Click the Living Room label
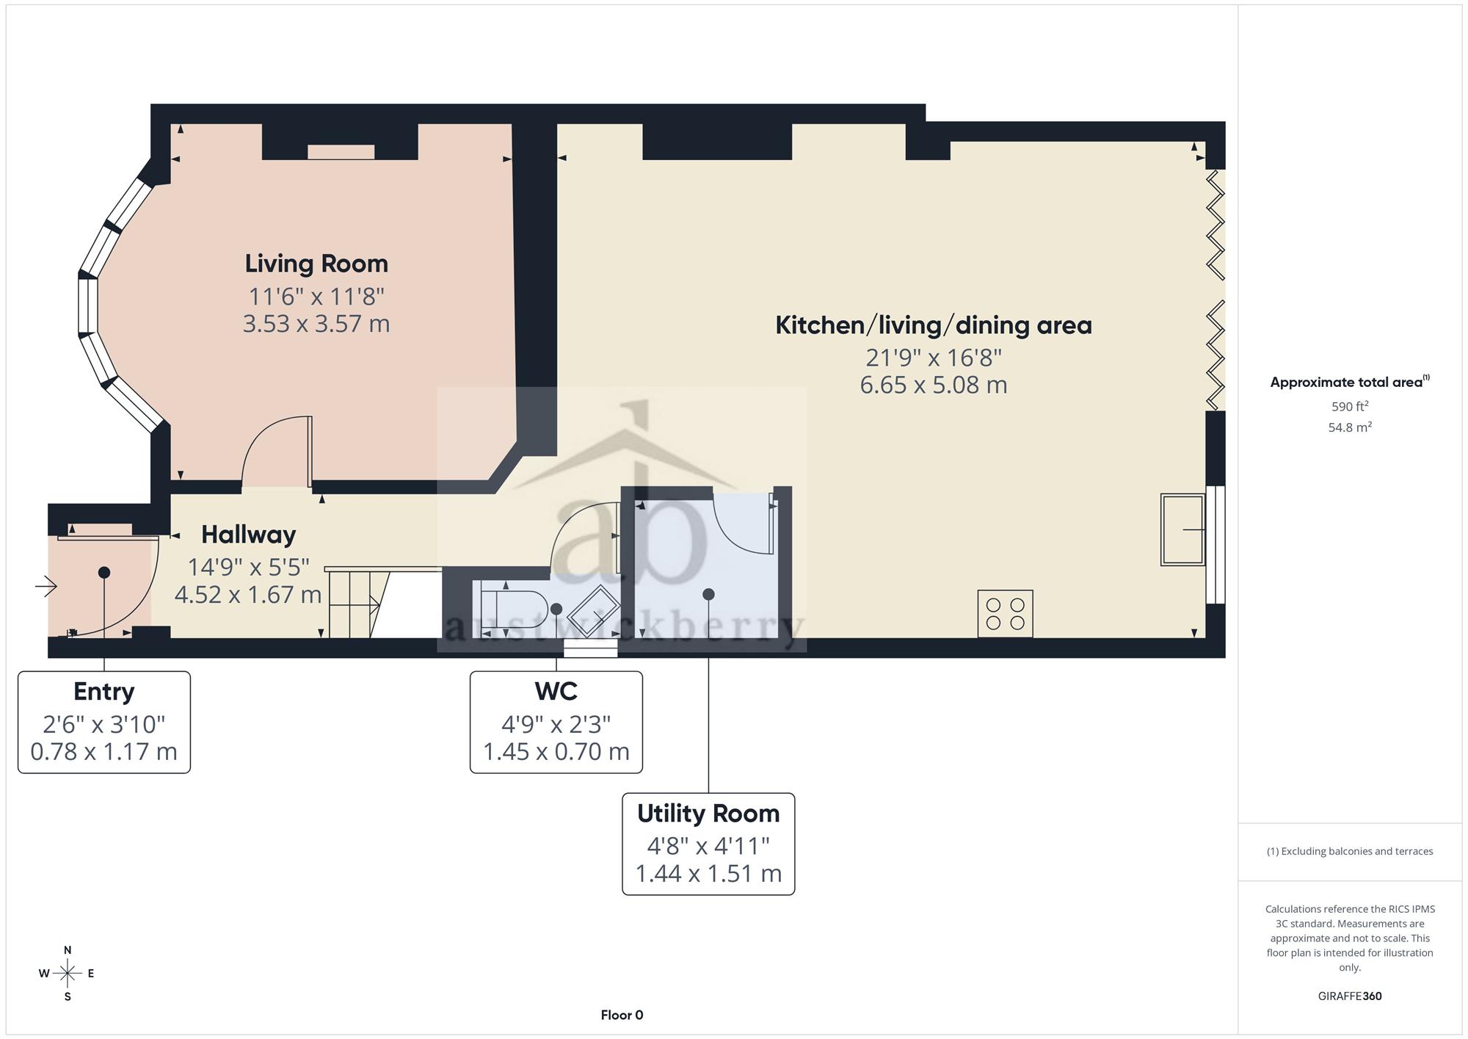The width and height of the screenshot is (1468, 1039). [316, 264]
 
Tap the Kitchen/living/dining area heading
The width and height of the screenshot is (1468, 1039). [934, 325]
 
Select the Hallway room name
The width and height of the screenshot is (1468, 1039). [249, 535]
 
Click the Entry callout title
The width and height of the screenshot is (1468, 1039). [104, 692]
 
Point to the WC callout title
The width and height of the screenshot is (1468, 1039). [556, 692]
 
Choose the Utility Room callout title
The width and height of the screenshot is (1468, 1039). [708, 814]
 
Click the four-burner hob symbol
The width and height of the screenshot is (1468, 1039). [1005, 614]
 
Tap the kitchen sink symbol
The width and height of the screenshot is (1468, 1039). [1182, 529]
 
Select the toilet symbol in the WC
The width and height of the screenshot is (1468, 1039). [514, 609]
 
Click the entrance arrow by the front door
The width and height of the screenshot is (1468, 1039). [46, 586]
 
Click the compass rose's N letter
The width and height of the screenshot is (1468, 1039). [68, 950]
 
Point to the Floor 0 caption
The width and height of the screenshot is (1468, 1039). [622, 1015]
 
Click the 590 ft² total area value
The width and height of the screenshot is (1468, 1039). [1350, 406]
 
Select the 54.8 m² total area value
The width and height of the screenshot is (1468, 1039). [1350, 427]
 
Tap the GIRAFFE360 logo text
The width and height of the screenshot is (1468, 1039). [1350, 996]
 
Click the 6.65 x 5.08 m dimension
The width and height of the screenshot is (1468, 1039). [934, 385]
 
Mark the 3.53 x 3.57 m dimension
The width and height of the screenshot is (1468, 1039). [316, 324]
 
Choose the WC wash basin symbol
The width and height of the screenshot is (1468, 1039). [594, 609]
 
